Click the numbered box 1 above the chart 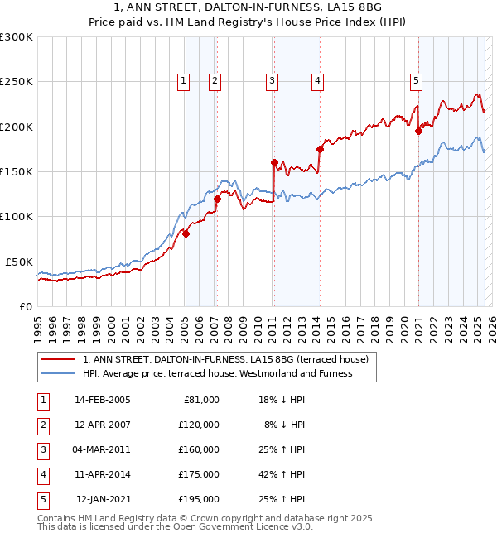click(x=182, y=80)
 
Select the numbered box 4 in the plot click(x=317, y=80)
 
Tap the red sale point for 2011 click(x=273, y=162)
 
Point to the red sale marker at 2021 click(x=418, y=131)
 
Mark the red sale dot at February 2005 click(x=186, y=233)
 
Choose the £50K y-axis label click(x=20, y=262)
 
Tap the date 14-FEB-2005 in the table click(x=102, y=400)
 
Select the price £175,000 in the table click(x=199, y=474)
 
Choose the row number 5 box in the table click(x=43, y=499)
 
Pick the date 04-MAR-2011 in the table click(x=102, y=449)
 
